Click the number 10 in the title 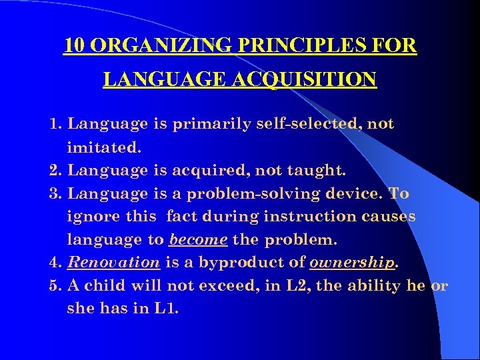(74, 46)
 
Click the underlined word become (199, 240)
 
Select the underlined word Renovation (114, 263)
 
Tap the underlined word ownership (353, 263)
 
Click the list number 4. (55, 263)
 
